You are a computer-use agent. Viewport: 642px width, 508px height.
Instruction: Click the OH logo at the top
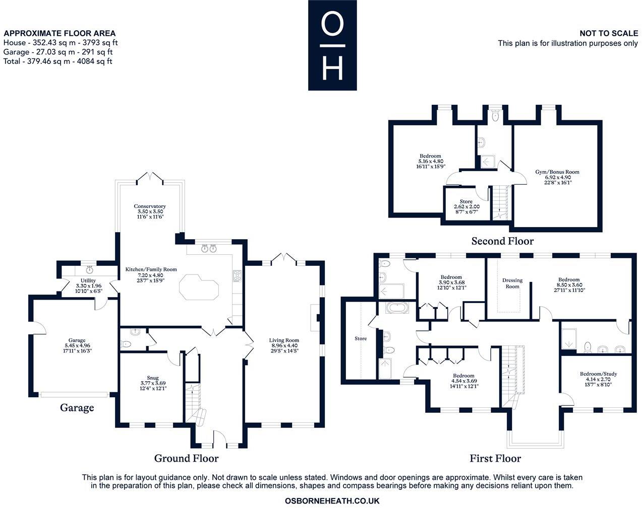click(x=332, y=45)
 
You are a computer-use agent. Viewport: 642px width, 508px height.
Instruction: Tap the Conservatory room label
click(x=150, y=211)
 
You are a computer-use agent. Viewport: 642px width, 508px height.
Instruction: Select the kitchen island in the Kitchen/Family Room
click(x=199, y=287)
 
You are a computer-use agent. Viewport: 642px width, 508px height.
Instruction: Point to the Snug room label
click(x=153, y=383)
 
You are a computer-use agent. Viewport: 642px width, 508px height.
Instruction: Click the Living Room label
click(x=284, y=345)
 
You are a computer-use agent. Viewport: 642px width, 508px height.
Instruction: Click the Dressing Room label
click(x=512, y=283)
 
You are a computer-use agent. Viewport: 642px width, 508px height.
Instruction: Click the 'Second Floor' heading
click(x=502, y=241)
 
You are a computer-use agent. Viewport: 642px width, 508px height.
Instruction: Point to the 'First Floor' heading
click(x=495, y=458)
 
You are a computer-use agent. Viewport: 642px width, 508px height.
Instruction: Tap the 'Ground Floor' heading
click(x=186, y=458)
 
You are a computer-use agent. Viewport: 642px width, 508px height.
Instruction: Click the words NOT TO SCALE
click(x=608, y=33)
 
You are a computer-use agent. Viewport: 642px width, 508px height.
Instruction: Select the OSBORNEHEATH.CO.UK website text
click(x=332, y=501)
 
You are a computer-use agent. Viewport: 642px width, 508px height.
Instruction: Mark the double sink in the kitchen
click(x=209, y=248)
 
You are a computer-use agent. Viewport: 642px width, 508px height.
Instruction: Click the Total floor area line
click(x=57, y=61)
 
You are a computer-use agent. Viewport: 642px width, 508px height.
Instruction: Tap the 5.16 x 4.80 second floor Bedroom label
click(x=430, y=161)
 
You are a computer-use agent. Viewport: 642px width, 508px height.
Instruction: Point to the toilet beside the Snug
click(x=126, y=344)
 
